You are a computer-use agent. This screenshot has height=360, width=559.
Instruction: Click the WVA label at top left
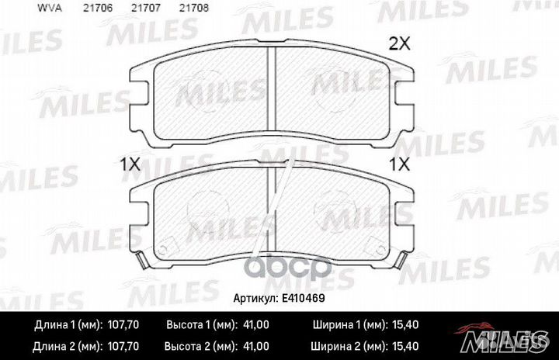50,8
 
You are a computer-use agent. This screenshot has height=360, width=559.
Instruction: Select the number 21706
98,8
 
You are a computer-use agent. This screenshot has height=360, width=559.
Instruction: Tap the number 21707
146,8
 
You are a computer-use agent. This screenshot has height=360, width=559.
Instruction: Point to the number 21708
193,8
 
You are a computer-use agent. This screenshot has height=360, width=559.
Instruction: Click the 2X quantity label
399,44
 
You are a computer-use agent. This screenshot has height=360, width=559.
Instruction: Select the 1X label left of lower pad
130,164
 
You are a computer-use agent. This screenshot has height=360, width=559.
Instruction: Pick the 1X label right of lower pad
399,164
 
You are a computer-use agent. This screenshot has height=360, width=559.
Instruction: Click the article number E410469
304,298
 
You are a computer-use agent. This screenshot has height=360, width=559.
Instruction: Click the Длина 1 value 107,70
123,325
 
